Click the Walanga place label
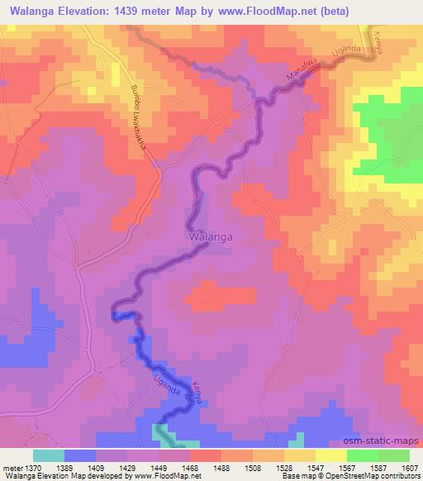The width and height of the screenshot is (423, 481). [x=210, y=236]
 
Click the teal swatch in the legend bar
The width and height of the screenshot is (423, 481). [x=49, y=455]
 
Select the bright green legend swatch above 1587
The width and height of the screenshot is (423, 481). [x=363, y=455]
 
